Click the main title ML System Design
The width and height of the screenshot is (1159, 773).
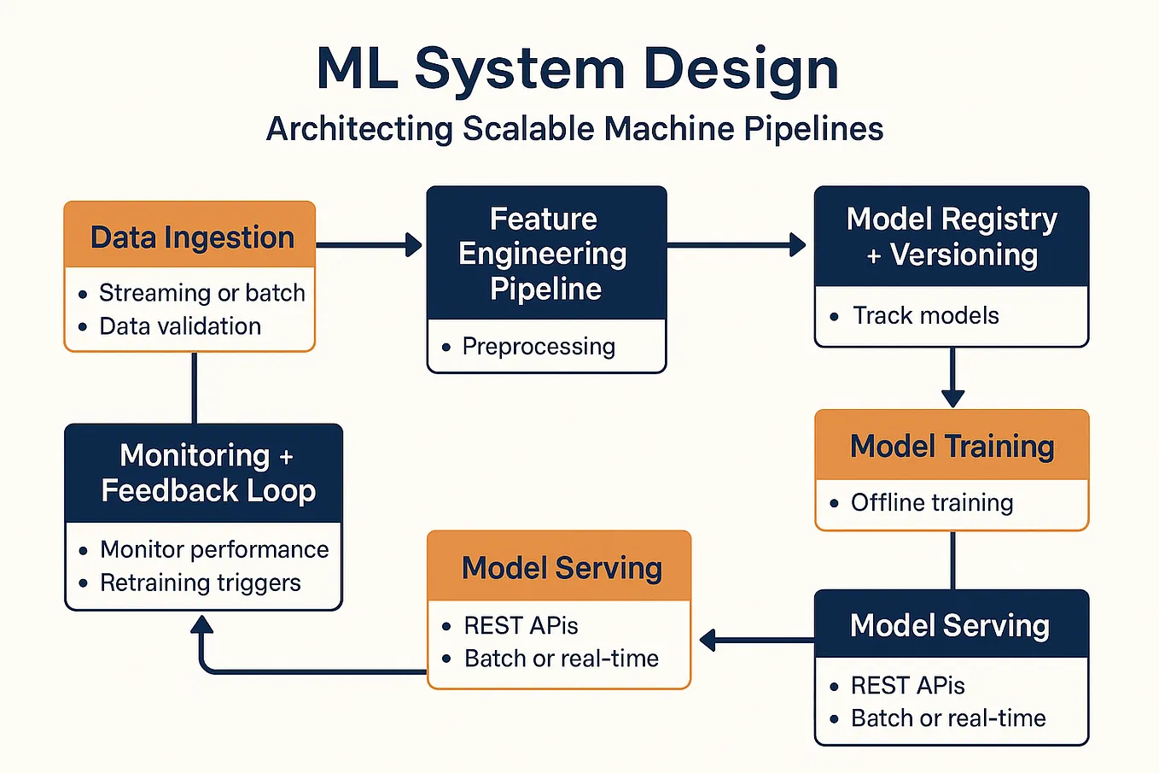578,68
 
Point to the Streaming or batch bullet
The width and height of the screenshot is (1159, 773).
201,293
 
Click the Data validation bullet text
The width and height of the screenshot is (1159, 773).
180,326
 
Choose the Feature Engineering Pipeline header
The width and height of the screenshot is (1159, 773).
545,254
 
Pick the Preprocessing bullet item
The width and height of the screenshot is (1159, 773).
538,347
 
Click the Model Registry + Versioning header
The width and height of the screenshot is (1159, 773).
952,237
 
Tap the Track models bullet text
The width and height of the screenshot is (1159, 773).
925,316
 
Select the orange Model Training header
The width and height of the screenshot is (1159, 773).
952,446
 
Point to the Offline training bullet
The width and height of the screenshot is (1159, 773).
931,503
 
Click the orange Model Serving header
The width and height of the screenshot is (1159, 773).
561,568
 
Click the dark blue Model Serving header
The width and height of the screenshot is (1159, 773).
950,625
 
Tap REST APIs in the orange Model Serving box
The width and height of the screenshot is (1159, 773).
521,626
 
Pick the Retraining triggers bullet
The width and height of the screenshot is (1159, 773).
200,583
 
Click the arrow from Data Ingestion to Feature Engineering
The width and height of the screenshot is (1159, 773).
369,245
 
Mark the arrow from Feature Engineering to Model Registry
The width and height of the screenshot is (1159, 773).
736,245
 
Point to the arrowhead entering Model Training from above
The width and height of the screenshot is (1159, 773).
952,397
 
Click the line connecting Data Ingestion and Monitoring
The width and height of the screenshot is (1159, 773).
195,388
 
